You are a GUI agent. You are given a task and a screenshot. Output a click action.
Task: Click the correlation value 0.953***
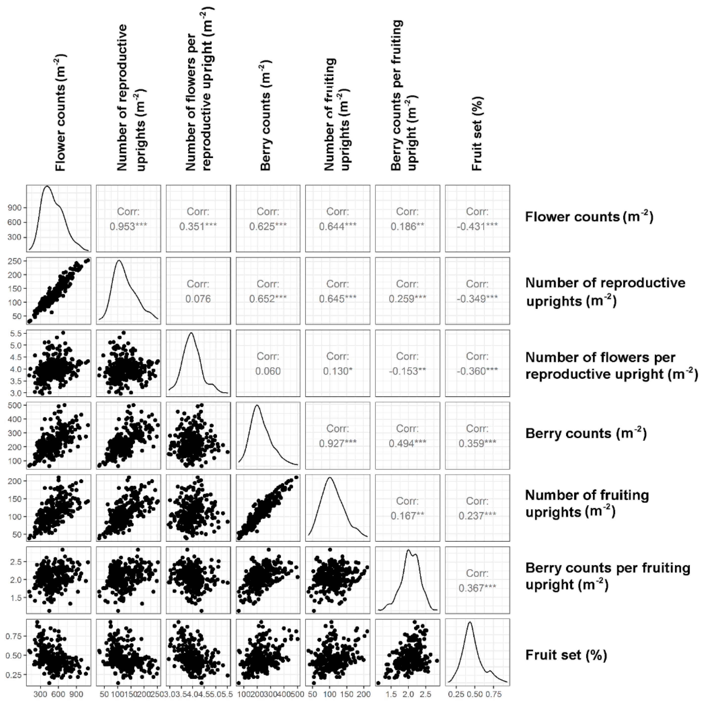point(128,227)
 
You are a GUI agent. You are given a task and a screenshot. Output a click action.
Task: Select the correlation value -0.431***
point(477,227)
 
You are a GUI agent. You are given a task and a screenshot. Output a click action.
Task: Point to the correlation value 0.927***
point(338,443)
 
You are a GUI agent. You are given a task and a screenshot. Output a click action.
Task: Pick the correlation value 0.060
point(268,371)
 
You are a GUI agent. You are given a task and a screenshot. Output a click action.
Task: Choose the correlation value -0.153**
point(407,371)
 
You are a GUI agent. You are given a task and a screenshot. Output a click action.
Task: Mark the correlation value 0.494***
point(407,443)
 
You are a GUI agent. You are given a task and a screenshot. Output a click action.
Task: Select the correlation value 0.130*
point(338,371)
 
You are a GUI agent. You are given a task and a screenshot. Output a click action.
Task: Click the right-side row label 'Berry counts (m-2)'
point(586,433)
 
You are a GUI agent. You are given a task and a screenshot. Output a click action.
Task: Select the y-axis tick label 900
point(14,208)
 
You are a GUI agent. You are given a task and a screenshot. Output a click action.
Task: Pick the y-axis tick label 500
point(14,405)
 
